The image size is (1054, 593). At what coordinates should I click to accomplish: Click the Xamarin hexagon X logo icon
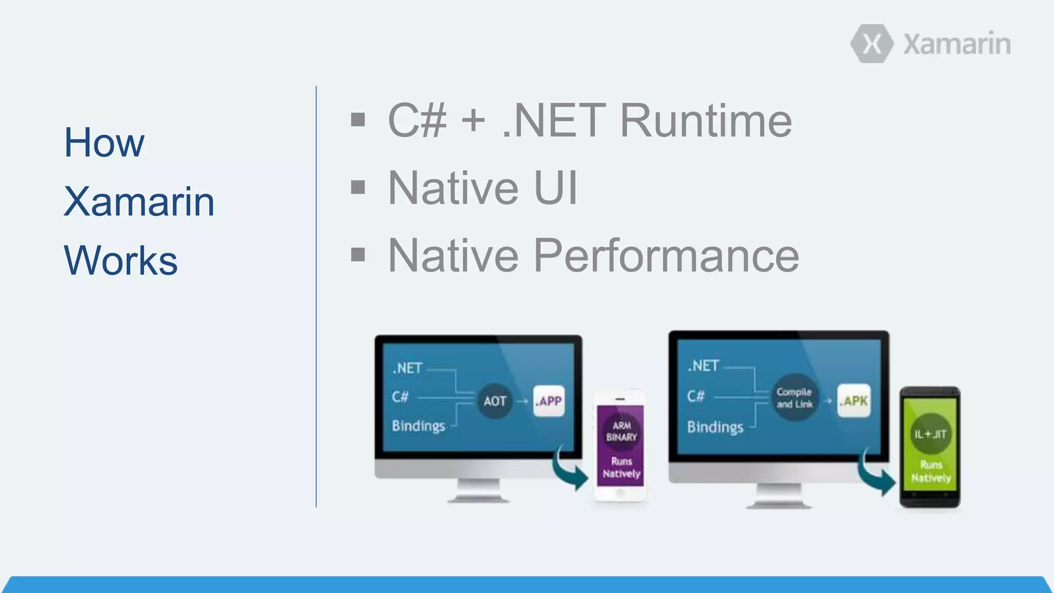872,44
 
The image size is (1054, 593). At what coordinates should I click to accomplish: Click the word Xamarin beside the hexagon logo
956,44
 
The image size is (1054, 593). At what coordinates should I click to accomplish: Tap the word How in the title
104,143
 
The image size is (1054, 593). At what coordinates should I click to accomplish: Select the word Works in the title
120,260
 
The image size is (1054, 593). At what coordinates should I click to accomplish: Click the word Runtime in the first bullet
706,120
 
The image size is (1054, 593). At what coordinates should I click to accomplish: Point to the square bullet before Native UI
358,187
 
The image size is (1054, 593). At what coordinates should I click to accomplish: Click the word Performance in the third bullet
665,255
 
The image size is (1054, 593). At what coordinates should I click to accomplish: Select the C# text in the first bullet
417,120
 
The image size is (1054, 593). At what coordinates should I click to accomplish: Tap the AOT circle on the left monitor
495,401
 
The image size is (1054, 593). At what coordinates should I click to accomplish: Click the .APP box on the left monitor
549,401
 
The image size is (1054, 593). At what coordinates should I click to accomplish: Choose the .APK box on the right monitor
854,400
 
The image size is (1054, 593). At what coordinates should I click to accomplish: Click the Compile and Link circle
794,398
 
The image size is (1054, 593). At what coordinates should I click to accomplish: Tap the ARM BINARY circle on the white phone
621,431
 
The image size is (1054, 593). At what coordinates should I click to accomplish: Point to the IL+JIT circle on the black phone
930,434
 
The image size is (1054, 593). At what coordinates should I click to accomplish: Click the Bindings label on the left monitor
418,426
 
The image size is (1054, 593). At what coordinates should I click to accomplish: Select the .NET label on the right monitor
703,366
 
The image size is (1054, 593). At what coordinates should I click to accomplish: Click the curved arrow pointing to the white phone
569,468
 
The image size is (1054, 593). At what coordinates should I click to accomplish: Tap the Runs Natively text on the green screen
930,472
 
